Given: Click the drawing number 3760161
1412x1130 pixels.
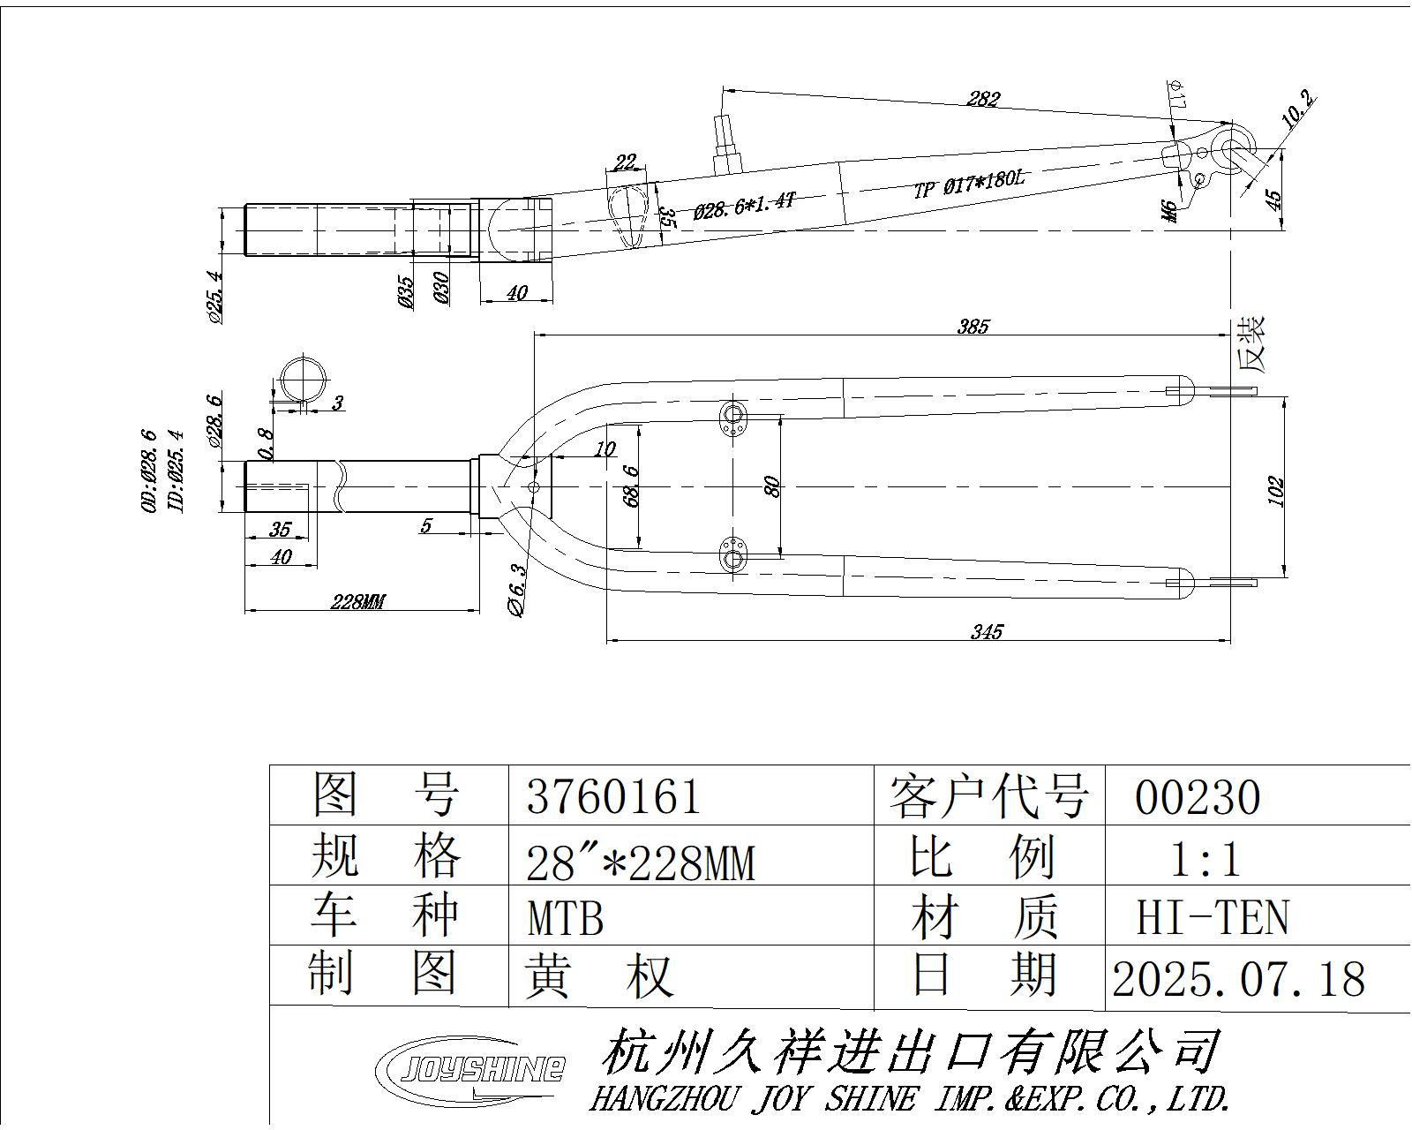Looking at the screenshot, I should (613, 796).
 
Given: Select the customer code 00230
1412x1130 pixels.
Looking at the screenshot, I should (1198, 798).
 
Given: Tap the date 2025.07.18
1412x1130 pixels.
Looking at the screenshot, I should (1238, 979).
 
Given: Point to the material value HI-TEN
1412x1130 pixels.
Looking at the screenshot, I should (1212, 917).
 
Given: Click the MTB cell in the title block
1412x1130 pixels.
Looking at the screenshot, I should (566, 918).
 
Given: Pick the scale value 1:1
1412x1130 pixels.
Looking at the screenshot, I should (1205, 858).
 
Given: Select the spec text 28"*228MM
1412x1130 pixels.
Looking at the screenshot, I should (641, 862).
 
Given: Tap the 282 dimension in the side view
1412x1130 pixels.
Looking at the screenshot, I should (982, 98).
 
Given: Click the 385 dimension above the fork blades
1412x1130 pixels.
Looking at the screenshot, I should (973, 327).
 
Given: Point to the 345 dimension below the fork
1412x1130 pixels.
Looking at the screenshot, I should (987, 631).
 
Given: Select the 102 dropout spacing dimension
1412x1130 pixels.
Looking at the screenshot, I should (1276, 491).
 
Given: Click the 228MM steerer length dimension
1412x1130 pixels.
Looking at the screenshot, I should (358, 602).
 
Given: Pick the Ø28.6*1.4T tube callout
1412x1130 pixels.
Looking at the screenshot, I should (745, 206).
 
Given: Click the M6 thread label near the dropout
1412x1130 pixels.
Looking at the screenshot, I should (1170, 211).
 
